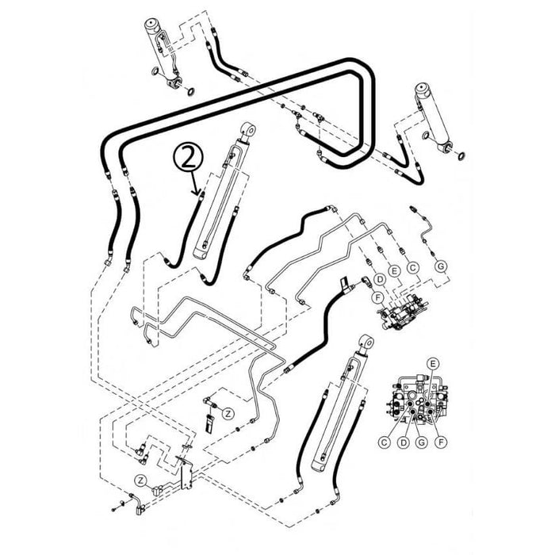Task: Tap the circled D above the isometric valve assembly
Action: (381, 279)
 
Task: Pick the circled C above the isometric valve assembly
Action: (412, 268)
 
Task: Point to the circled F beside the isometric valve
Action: (380, 297)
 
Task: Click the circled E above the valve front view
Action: (433, 362)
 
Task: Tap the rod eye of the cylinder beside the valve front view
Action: (366, 341)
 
